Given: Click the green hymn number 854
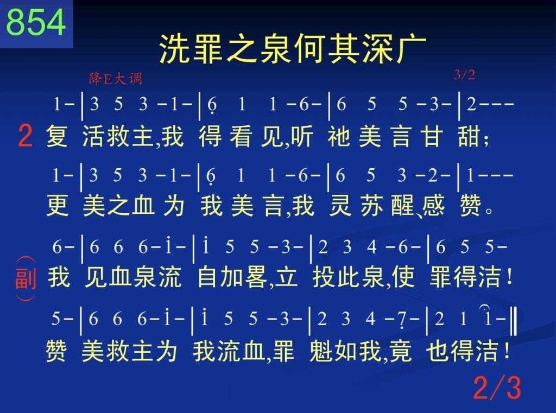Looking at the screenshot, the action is click(36, 22).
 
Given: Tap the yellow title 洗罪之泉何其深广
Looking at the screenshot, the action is click(292, 49).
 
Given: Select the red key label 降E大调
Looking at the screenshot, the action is click(116, 78).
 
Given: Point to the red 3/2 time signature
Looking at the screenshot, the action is click(464, 75).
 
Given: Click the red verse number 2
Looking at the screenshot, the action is click(25, 136).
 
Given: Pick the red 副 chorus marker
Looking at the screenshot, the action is click(26, 278).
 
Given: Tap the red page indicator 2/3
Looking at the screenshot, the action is click(497, 387).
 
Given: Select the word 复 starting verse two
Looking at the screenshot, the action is click(56, 136).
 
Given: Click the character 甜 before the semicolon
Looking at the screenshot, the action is click(469, 136).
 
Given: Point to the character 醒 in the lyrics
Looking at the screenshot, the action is click(402, 205).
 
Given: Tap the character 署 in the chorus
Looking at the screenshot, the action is click(256, 277).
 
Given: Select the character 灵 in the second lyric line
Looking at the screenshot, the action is click(340, 205).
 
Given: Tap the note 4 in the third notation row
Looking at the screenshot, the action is click(371, 247).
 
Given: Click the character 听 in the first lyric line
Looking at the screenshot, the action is click(301, 136).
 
